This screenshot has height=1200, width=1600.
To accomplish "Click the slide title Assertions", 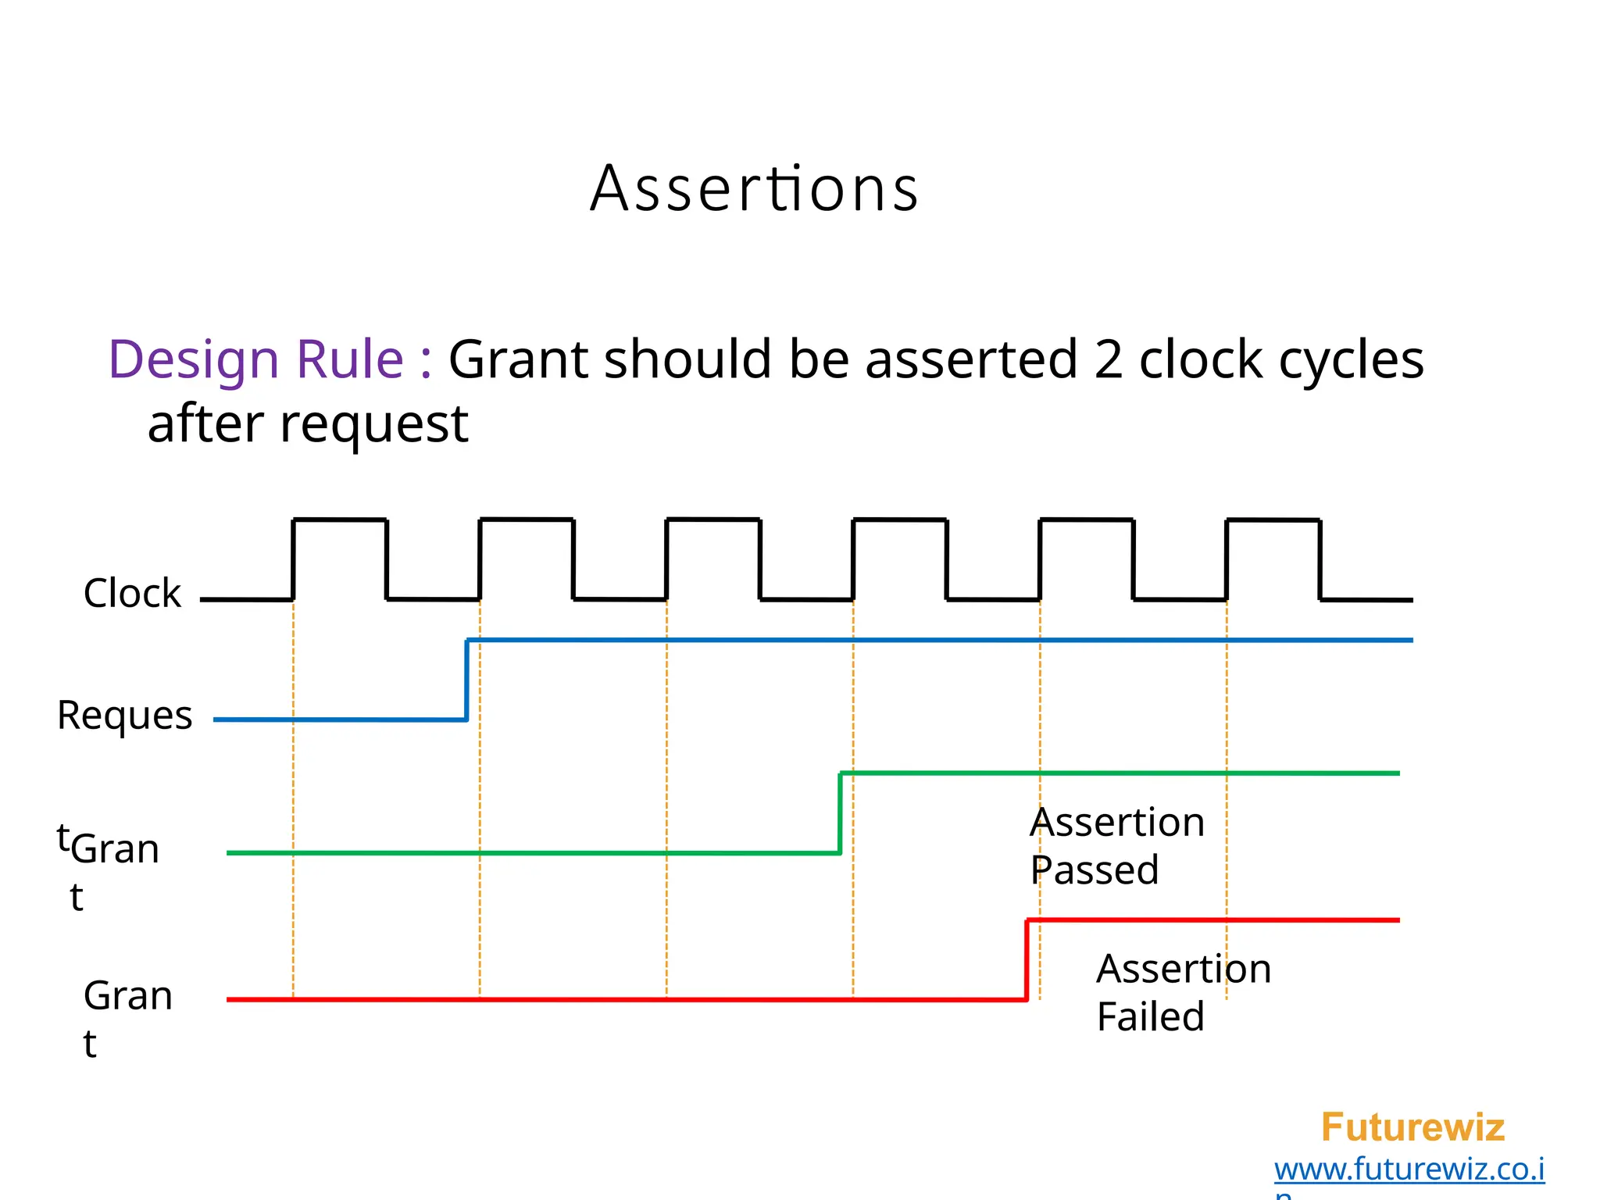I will (754, 189).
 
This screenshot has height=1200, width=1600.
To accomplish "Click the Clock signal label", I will (132, 593).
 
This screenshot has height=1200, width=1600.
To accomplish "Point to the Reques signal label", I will (124, 715).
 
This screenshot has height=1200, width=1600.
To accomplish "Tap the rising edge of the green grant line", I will (841, 812).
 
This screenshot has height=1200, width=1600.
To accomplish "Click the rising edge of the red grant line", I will (1027, 959).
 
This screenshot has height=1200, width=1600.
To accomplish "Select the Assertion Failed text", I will (1183, 992).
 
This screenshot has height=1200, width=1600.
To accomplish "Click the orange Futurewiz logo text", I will (1412, 1127).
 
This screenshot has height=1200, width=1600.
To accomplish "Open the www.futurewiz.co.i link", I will (1409, 1170).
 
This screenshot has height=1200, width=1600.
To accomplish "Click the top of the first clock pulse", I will (340, 520).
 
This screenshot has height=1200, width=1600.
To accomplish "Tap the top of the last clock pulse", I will (1273, 520).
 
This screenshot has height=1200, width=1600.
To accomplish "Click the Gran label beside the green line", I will (115, 849).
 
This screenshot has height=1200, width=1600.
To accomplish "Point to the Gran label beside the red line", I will (127, 996).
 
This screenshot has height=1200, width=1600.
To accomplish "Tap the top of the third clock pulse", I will (713, 520).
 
